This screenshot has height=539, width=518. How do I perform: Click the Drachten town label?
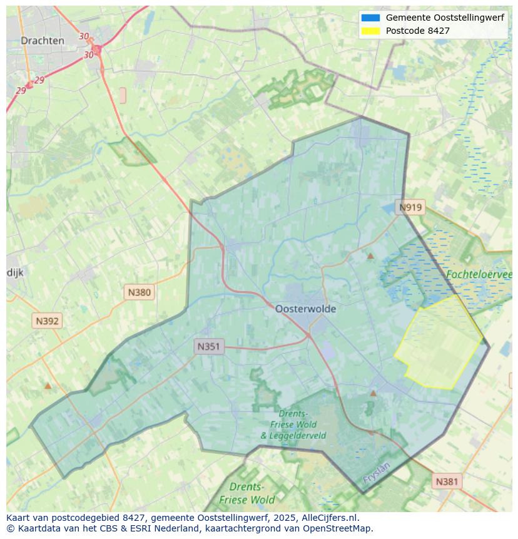point(43,41)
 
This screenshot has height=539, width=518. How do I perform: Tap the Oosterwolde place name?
point(305,309)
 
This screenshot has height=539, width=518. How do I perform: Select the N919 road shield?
point(411,208)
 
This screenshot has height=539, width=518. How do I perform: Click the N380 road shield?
point(139,292)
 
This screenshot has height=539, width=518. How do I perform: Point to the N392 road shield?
point(48,321)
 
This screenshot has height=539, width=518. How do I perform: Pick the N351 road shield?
point(209,346)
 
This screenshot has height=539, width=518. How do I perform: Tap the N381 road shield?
point(447,481)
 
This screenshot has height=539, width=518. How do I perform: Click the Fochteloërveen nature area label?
point(479,275)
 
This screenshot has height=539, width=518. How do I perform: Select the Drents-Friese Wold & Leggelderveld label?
point(293,424)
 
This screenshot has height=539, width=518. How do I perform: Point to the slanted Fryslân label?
point(376,473)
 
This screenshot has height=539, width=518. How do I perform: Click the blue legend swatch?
point(370,18)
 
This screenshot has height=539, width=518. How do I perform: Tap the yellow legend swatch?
point(370,31)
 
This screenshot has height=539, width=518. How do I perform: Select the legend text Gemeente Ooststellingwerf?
point(444,18)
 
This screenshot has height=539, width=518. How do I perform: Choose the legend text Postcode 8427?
point(417,31)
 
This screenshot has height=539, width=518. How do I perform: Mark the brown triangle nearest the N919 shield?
point(370,255)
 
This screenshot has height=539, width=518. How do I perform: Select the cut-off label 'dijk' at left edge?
point(15,272)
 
